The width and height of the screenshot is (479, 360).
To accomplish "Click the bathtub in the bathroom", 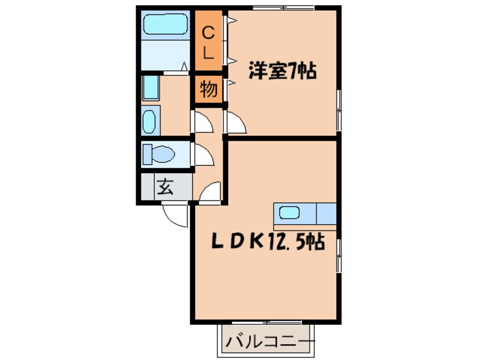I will point(165,24).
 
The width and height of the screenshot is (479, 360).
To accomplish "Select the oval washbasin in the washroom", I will point(149,122).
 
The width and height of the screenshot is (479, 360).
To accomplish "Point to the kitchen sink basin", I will point(289,213).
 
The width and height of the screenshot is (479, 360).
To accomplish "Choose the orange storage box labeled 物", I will point(208,89).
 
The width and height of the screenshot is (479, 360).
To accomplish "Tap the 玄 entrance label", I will point(165,186).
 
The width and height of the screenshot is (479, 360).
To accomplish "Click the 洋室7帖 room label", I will point(282,72).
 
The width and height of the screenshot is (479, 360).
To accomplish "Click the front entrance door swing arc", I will point(176,216).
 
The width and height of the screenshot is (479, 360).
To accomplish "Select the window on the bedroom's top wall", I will point(283,7).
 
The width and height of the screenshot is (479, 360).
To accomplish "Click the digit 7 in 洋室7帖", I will point(293,72).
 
